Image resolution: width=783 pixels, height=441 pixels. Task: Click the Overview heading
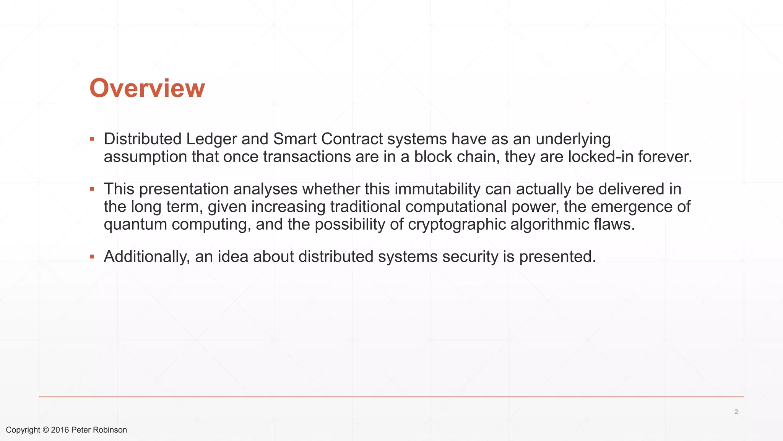point(147,88)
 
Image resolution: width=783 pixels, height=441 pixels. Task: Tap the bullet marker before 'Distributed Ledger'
point(92,139)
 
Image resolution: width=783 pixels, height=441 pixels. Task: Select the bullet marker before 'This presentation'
point(92,189)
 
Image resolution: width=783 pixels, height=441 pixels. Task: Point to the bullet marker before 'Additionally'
point(92,256)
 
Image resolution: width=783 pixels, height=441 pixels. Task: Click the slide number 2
point(736,412)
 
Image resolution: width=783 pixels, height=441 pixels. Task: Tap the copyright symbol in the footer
point(45,430)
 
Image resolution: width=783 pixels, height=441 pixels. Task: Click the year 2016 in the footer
point(60,430)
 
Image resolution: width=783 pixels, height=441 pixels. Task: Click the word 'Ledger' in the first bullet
point(211,139)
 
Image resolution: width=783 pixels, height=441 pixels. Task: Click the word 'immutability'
point(437,189)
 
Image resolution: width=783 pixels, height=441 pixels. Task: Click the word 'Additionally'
point(147,256)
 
